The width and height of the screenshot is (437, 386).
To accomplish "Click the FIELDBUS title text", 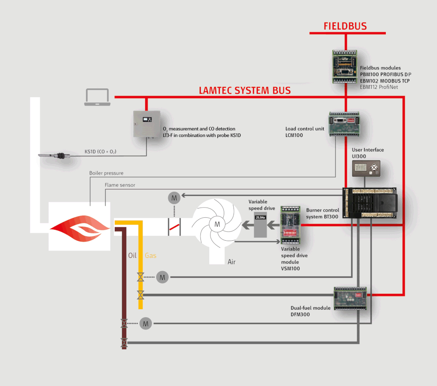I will click(x=345, y=26).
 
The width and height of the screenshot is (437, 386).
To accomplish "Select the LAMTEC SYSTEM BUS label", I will click(x=245, y=91).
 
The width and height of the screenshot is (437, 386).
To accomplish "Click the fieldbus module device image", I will click(x=345, y=66).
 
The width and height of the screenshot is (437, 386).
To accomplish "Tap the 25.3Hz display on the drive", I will click(x=260, y=217).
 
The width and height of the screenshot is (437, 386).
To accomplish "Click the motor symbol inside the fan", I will click(x=217, y=224).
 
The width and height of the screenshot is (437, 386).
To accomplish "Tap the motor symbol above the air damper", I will click(x=174, y=198).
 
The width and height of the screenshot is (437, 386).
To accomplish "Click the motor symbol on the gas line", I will click(x=163, y=277).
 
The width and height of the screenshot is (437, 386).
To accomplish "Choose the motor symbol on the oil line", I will click(x=146, y=323).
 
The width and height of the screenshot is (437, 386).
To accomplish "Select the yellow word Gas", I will click(x=151, y=255).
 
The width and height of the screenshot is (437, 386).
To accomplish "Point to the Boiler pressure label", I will click(x=106, y=173).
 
